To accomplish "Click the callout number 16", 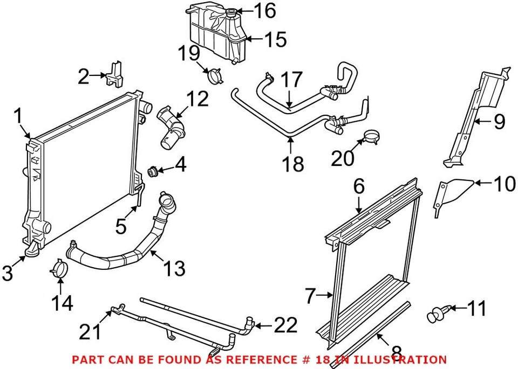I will (265, 10).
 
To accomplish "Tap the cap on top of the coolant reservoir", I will (231, 12).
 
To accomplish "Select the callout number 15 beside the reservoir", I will (275, 39).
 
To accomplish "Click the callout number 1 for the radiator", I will (18, 116).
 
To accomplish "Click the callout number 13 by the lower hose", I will (174, 267).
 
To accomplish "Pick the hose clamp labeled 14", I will (61, 269).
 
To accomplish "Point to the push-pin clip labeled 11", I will (436, 312).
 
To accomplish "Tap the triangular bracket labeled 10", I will (448, 194).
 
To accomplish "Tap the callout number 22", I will (285, 325).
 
